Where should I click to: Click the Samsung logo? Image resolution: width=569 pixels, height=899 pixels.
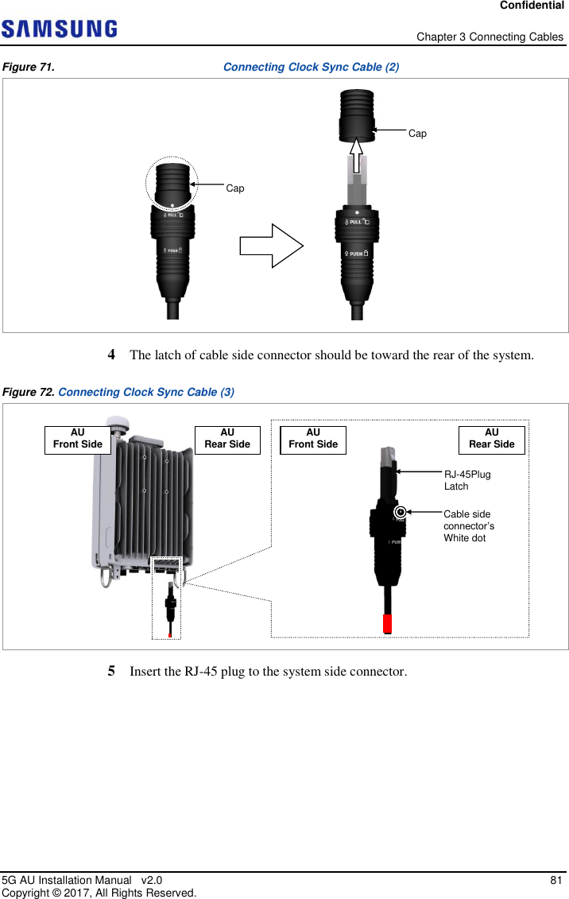pyautogui.click(x=60, y=30)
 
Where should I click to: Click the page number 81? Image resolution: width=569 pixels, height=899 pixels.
pyautogui.click(x=556, y=880)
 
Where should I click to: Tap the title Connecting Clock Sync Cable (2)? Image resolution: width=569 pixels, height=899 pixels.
pyautogui.click(x=311, y=68)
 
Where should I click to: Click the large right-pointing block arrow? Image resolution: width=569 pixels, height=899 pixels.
pyautogui.click(x=271, y=246)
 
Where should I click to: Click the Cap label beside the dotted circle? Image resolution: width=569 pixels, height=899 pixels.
pyautogui.click(x=235, y=188)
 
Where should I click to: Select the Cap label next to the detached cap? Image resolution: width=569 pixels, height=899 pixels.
pyautogui.click(x=417, y=134)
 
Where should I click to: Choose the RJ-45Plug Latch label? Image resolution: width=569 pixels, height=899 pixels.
pyautogui.click(x=466, y=480)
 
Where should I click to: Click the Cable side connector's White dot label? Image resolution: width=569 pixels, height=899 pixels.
pyautogui.click(x=469, y=526)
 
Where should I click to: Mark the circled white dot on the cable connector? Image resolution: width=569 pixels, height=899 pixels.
pyautogui.click(x=401, y=513)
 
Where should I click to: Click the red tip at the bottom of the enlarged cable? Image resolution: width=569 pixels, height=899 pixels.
pyautogui.click(x=388, y=622)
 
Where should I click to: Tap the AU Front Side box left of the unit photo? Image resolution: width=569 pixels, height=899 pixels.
pyautogui.click(x=78, y=439)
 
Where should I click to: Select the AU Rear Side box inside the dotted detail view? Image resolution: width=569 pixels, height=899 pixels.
pyautogui.click(x=491, y=439)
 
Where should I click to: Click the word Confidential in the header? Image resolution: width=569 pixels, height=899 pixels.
pyautogui.click(x=532, y=6)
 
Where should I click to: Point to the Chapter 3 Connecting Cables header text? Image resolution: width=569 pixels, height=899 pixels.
pyautogui.click(x=490, y=37)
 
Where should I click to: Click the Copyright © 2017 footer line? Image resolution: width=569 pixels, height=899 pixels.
pyautogui.click(x=99, y=893)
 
